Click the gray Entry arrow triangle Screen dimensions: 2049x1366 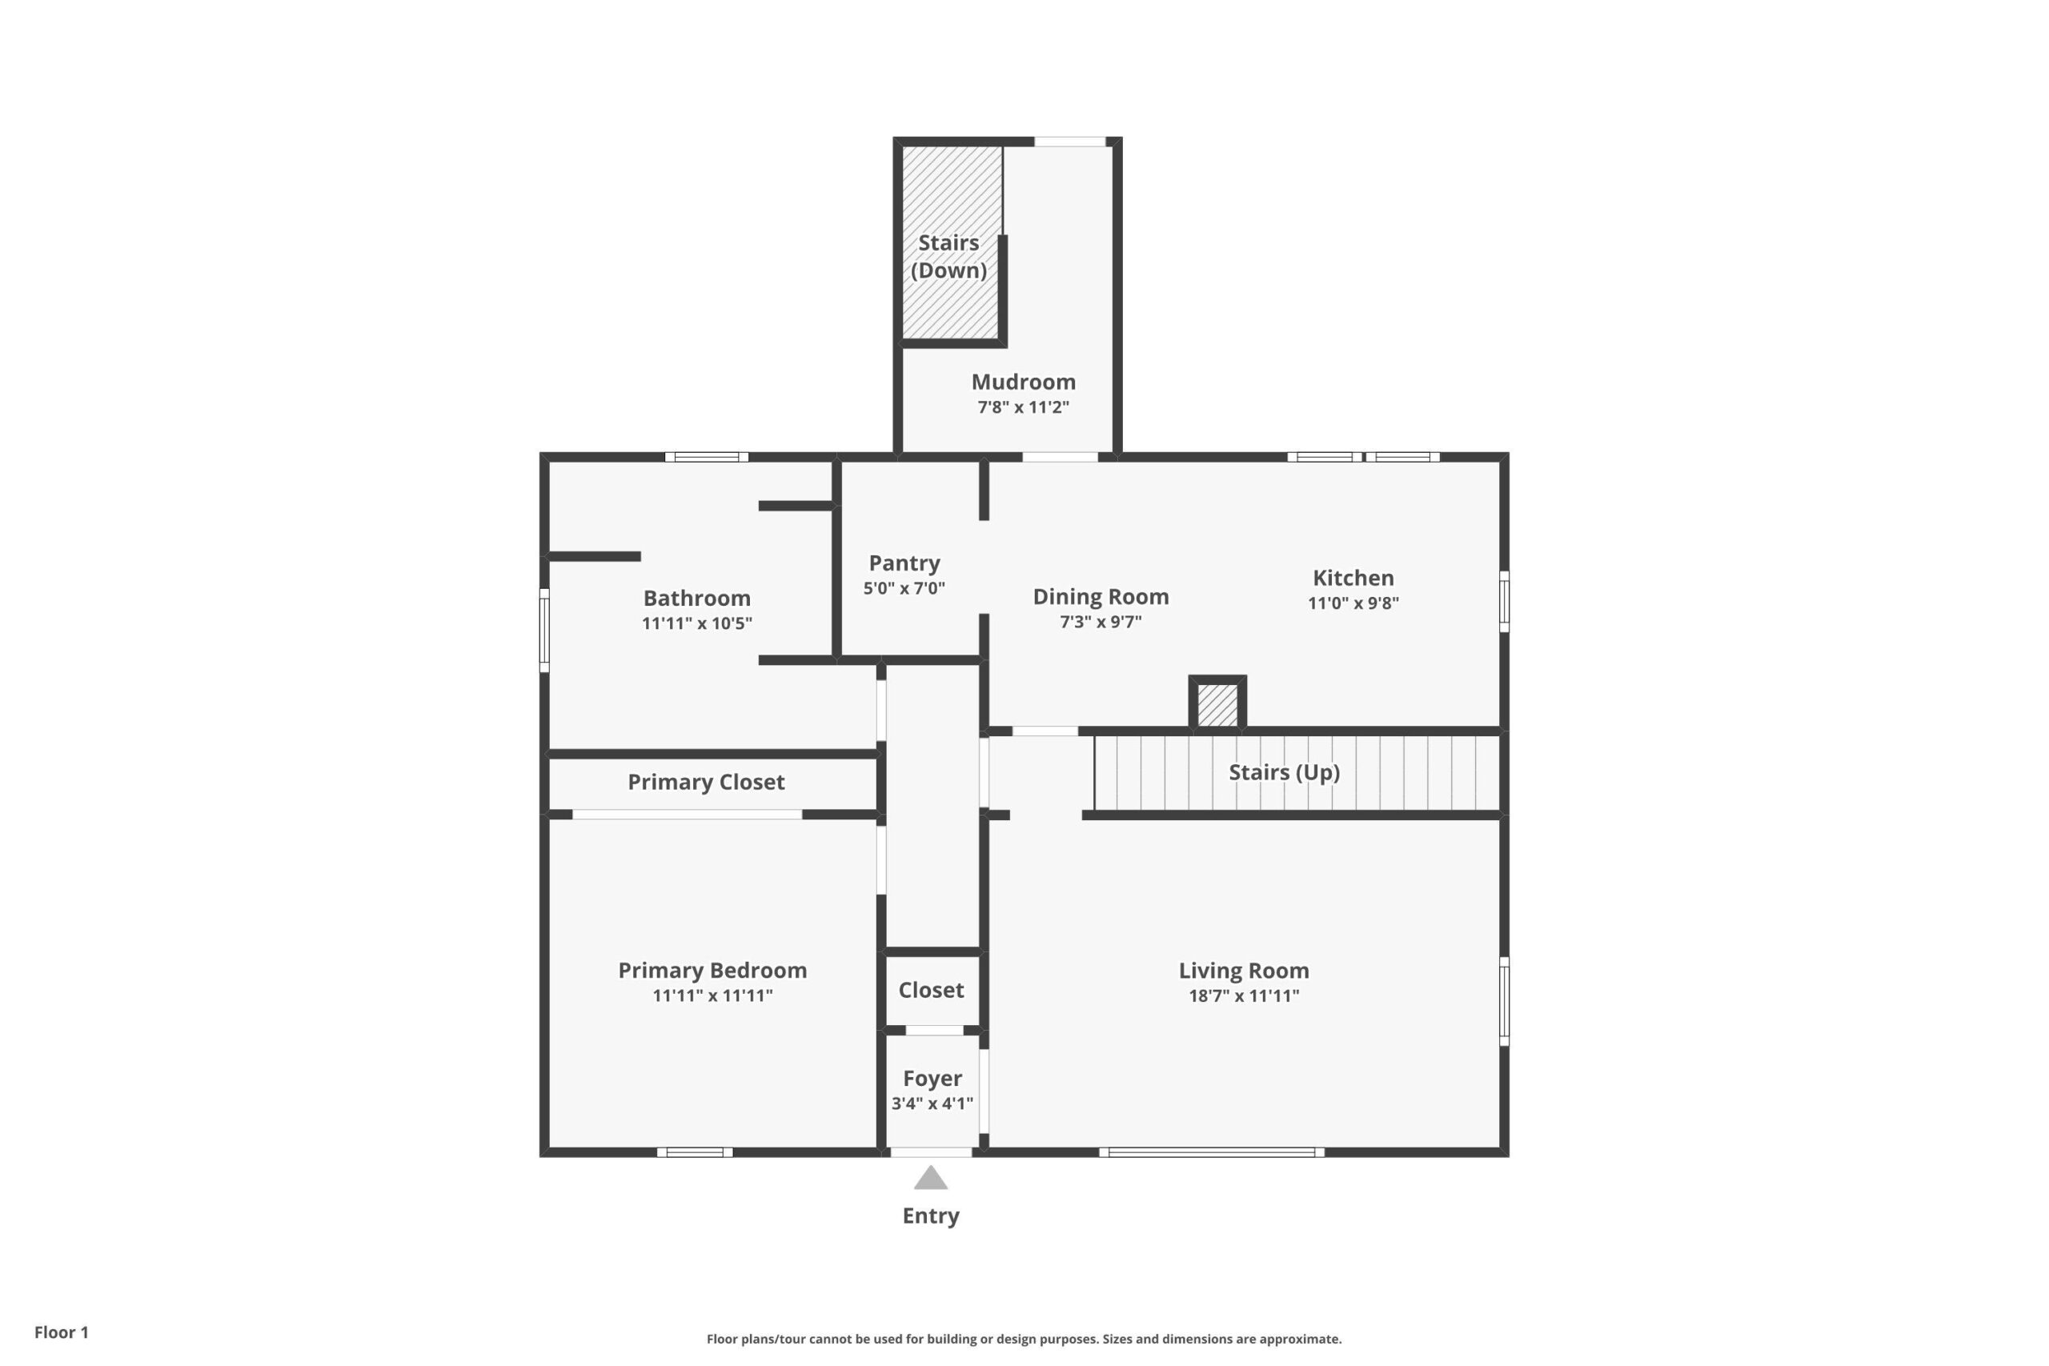click(x=930, y=1179)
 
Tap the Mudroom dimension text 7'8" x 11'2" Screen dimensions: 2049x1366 click(x=1024, y=407)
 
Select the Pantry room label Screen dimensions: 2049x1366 click(x=904, y=563)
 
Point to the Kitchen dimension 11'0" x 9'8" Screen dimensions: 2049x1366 click(x=1353, y=603)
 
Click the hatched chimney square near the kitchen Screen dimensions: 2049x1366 click(x=1217, y=704)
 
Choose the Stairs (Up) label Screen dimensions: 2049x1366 click(x=1284, y=772)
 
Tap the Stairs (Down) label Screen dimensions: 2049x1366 click(x=948, y=256)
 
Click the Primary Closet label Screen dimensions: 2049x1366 click(x=707, y=783)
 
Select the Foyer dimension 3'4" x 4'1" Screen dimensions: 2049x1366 click(x=932, y=1103)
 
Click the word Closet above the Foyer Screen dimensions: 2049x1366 click(x=932, y=990)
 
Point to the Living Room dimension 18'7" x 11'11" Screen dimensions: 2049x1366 click(x=1244, y=995)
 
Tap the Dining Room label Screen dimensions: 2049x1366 click(x=1101, y=597)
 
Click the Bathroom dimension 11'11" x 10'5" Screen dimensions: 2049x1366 click(x=697, y=623)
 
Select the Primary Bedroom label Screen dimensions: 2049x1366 click(x=712, y=971)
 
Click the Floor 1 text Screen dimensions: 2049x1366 click(x=62, y=1332)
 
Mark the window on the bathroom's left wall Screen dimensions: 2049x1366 click(x=544, y=630)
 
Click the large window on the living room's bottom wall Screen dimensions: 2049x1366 click(x=1212, y=1152)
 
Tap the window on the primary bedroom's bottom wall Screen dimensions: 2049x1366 click(x=694, y=1152)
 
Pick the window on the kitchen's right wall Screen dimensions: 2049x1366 click(x=1504, y=601)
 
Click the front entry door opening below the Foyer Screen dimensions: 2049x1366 click(x=932, y=1152)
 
